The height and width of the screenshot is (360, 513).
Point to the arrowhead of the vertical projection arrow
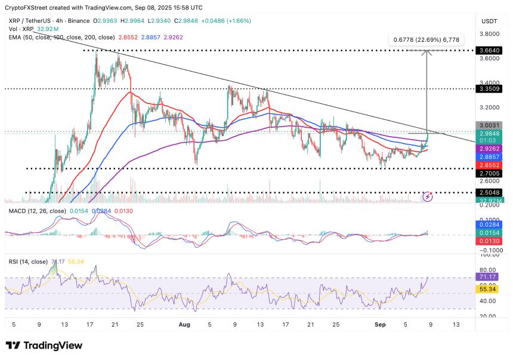pyautogui.click(x=427, y=53)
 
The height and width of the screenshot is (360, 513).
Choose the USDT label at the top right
pyautogui.click(x=490, y=21)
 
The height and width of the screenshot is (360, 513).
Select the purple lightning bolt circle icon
pyautogui.click(x=428, y=196)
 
